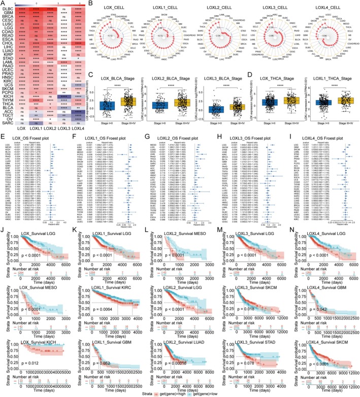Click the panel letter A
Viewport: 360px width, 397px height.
3,4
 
